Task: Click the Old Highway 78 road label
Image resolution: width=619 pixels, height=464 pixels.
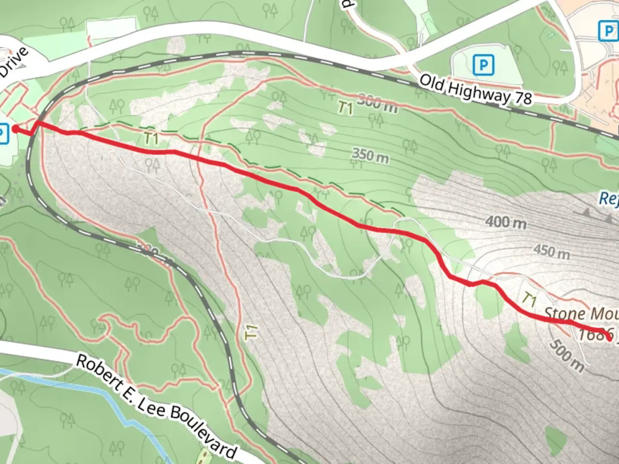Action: [x=475, y=90]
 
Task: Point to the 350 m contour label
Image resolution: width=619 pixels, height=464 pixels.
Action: [x=371, y=156]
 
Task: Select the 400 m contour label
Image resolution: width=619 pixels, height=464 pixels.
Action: [x=506, y=222]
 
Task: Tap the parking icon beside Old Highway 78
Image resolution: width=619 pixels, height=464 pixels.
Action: [x=484, y=65]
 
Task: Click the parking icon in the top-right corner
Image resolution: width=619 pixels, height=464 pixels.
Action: [x=609, y=31]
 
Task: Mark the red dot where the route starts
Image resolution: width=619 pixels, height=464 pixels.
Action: [x=15, y=128]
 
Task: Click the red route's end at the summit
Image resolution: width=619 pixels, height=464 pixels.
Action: [x=609, y=339]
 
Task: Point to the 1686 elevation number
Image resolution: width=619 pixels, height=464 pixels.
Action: [x=595, y=334]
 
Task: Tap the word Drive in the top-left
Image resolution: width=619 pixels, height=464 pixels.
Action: [x=15, y=63]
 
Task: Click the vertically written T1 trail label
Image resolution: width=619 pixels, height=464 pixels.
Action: [x=251, y=332]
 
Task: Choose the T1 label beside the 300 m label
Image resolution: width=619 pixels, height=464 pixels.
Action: [x=345, y=107]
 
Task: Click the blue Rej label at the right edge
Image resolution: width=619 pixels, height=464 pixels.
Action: [x=609, y=198]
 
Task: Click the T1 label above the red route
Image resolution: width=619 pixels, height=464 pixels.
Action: [x=151, y=138]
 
